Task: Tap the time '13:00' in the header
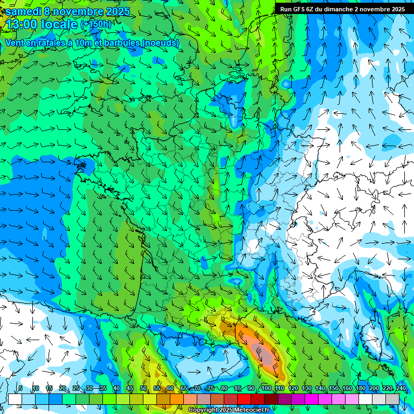coord(22,24)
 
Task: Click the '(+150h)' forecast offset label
coord(95,24)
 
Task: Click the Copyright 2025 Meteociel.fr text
coord(229,410)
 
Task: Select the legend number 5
coord(20,389)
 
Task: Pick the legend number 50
coord(143,389)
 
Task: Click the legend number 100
coord(266,389)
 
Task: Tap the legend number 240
coord(401,389)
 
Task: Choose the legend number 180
coord(360,389)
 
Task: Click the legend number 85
coord(238,389)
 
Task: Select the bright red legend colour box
coord(244,399)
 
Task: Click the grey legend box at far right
coord(392,399)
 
